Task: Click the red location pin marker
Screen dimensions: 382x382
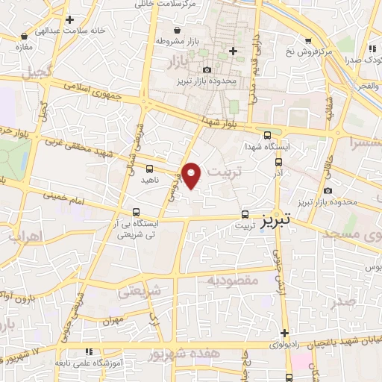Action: [x=192, y=176]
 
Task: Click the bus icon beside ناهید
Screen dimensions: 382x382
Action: [x=150, y=169]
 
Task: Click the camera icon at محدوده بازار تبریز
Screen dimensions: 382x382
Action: [x=207, y=69]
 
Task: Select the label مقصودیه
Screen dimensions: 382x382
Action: [x=232, y=281]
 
